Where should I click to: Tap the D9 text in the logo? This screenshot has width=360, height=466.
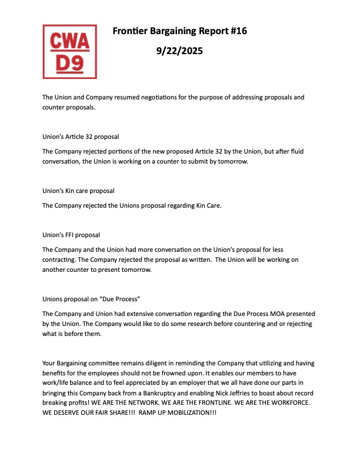tap(69, 63)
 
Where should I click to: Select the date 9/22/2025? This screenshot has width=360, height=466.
tap(179, 51)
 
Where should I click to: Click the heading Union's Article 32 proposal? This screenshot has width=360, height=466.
tap(81, 137)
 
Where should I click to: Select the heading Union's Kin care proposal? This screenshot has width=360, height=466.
tap(78, 191)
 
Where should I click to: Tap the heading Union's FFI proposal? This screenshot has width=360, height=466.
tap(71, 235)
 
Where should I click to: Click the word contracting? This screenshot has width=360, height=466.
tap(61, 259)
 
